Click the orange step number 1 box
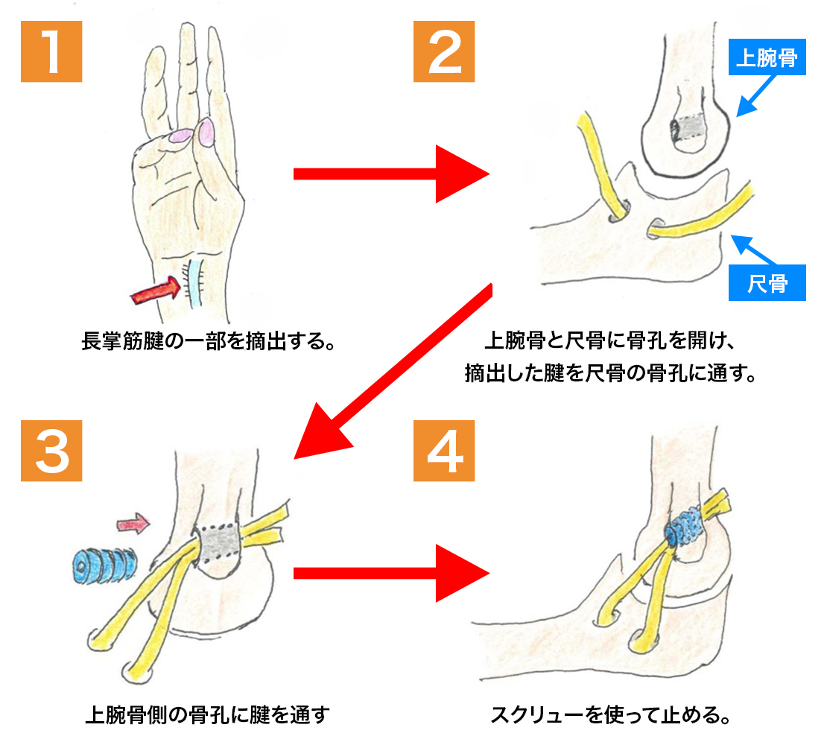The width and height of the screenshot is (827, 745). click(x=51, y=51)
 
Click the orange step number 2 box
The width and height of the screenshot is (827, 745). click(x=444, y=51)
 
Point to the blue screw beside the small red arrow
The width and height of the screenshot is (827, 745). click(x=103, y=567)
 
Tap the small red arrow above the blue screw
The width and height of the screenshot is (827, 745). click(x=134, y=524)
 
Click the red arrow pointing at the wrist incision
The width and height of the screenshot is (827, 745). click(x=156, y=291)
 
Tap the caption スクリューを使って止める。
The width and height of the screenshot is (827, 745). click(x=609, y=716)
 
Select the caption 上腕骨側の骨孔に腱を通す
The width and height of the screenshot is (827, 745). click(x=206, y=716)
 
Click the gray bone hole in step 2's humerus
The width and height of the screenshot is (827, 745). click(x=687, y=131)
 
